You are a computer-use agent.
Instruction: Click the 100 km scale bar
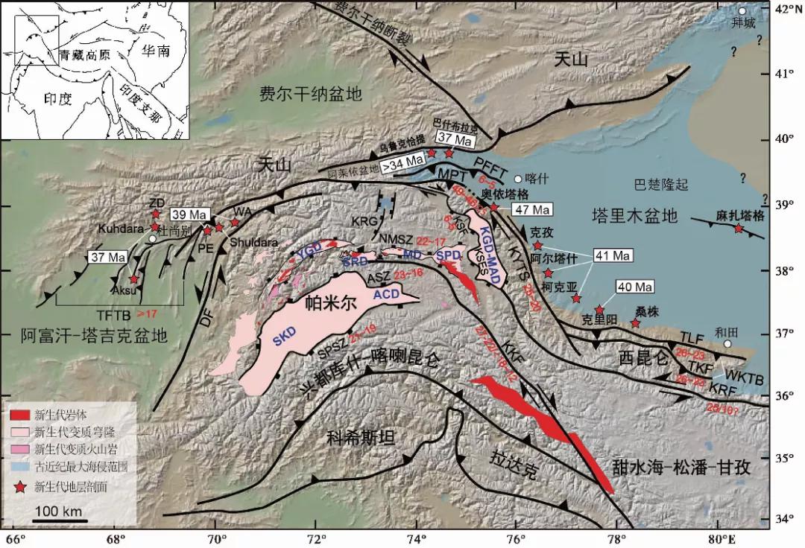[60, 520]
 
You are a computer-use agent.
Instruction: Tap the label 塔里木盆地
[634, 217]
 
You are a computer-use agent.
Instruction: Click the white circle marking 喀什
[518, 179]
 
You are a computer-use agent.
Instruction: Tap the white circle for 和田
[727, 343]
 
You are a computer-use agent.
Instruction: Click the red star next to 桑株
[635, 323]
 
